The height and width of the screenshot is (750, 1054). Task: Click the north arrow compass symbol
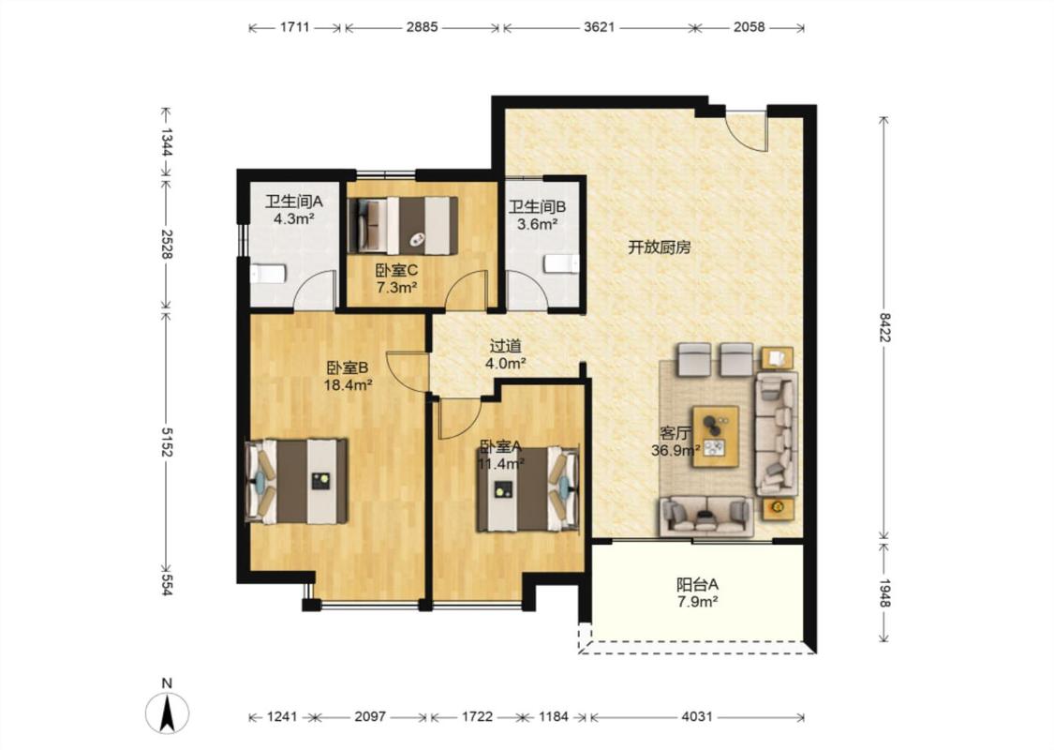point(168,712)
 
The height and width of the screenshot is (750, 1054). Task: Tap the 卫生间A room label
point(294,201)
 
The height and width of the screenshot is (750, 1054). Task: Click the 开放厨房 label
point(660,247)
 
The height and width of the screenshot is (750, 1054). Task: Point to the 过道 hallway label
point(506,346)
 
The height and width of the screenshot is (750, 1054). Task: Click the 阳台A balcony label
point(697,584)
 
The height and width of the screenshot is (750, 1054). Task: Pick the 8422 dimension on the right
point(884,327)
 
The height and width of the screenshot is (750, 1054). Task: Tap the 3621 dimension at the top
point(599,27)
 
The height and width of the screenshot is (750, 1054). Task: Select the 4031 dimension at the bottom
point(696,717)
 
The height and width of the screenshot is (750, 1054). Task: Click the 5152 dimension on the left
point(167,441)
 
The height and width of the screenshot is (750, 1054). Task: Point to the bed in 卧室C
point(403,226)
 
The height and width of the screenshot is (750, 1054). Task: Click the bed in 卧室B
point(296,481)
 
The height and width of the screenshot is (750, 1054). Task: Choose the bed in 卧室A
point(528,489)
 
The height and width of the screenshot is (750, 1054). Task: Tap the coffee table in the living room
point(716,437)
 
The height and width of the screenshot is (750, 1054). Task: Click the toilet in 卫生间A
point(268,274)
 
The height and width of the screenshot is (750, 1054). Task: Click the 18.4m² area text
point(349,385)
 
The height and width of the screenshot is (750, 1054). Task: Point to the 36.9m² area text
point(675,451)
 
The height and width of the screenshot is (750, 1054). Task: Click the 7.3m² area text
point(396,288)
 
